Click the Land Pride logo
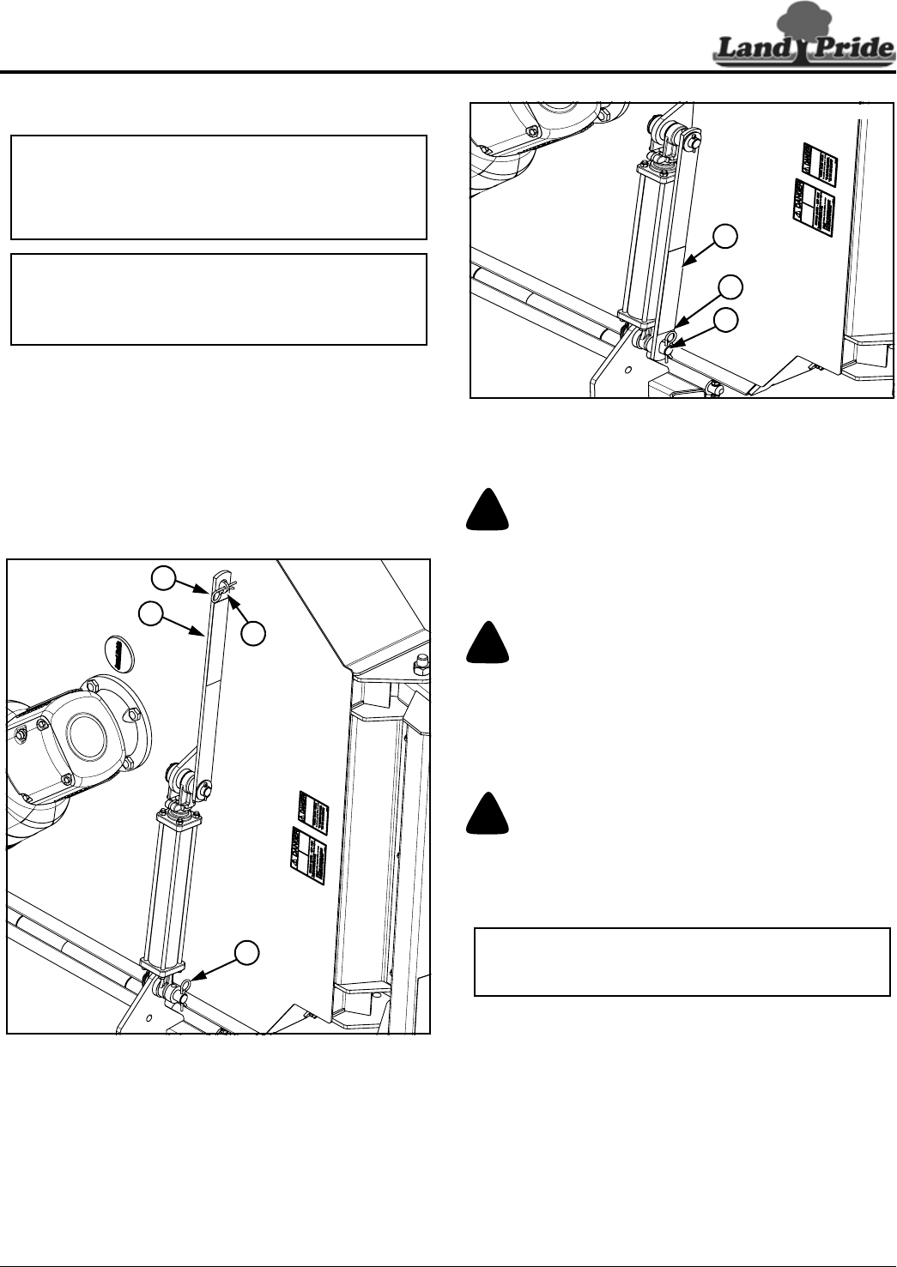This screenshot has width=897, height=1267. click(x=803, y=48)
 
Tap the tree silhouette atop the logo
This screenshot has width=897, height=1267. click(x=803, y=19)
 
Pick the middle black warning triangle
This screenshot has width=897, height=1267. click(x=488, y=643)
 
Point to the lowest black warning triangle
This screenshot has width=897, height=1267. click(x=488, y=813)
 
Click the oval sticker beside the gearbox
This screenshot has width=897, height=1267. click(x=116, y=652)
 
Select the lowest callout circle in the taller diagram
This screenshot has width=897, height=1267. click(x=247, y=951)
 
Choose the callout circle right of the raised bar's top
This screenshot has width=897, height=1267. click(x=252, y=634)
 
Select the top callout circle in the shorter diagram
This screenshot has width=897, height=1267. click(x=726, y=237)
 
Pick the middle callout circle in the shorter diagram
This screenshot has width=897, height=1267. click(x=730, y=286)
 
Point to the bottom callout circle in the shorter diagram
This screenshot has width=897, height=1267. click(x=726, y=320)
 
